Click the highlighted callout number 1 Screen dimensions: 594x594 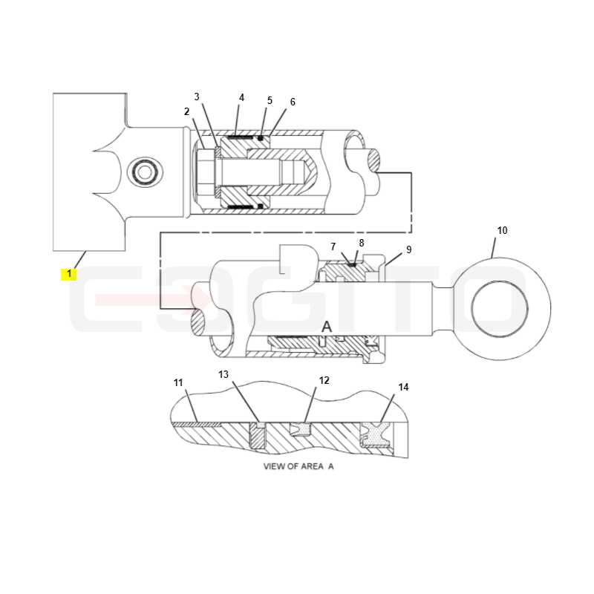point(69,273)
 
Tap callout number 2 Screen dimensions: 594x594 point(186,111)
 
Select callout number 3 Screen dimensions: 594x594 point(197,97)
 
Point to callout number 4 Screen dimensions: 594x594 point(241,97)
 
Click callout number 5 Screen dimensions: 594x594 point(270,100)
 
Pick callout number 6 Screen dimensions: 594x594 point(293,102)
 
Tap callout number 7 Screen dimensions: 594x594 point(333,247)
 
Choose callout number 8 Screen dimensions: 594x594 point(362,243)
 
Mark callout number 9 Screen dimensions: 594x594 point(408,249)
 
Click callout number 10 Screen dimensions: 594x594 point(502,230)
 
